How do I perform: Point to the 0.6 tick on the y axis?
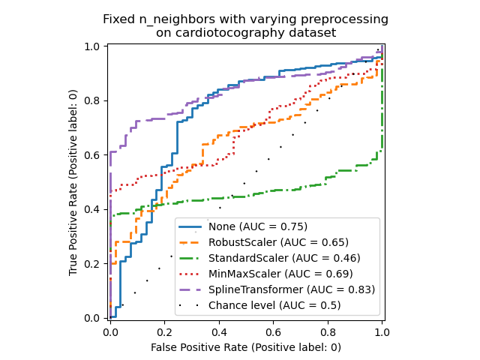(94, 155)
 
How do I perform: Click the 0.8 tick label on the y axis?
(94, 100)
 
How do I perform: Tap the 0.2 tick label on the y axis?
(94, 264)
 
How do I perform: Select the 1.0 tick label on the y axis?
(94, 46)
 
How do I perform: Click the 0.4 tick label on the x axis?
(219, 331)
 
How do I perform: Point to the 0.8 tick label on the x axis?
(328, 331)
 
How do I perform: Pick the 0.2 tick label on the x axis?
(165, 331)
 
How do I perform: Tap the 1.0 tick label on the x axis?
(382, 331)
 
